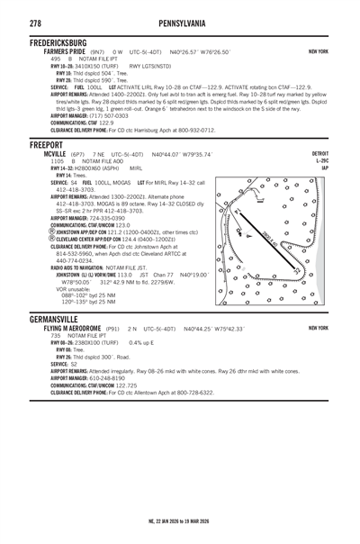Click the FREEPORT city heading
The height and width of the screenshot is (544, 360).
(27, 144)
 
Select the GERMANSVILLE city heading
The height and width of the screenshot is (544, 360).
(39, 320)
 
